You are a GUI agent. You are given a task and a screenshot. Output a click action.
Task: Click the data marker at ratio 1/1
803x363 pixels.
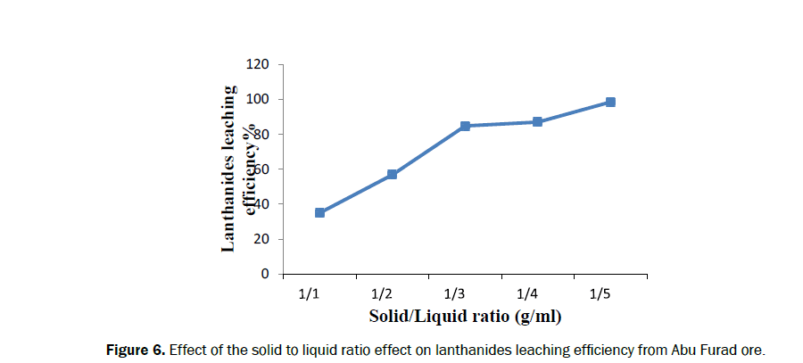(x=319, y=212)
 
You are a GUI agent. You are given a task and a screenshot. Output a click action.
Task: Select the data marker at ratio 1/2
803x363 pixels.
(x=393, y=175)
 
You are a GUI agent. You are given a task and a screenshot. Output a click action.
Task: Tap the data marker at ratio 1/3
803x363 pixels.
(x=466, y=126)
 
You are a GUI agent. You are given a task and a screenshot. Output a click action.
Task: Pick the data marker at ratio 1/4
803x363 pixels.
(x=538, y=121)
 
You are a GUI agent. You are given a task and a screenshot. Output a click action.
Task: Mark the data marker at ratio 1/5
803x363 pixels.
(x=610, y=103)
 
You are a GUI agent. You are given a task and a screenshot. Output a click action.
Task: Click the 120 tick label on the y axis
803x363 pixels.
(x=259, y=64)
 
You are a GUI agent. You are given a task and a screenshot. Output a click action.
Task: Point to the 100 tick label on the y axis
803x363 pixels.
(x=259, y=99)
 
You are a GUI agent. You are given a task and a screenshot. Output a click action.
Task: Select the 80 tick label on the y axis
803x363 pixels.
(x=262, y=135)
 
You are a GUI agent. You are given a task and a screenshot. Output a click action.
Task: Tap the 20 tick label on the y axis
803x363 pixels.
(x=262, y=239)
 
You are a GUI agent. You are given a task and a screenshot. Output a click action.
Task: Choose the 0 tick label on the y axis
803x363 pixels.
(x=266, y=274)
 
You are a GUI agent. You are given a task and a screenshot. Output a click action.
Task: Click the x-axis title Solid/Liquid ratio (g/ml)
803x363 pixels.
(x=464, y=317)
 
